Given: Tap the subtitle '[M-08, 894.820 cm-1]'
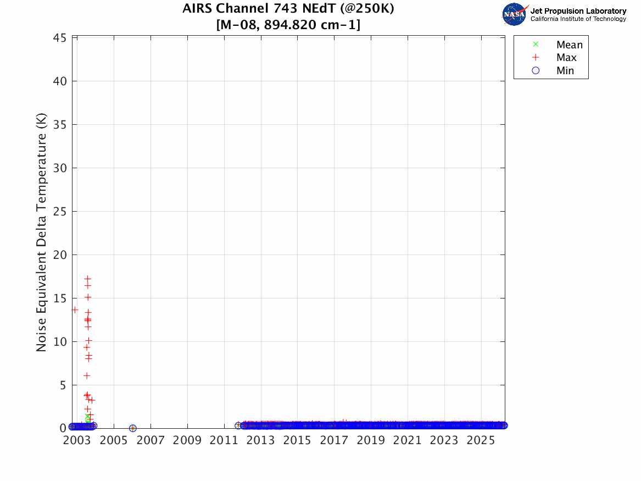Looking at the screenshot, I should (288, 25).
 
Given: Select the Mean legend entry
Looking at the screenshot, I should (569, 45).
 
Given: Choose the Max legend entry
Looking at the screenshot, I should (566, 58).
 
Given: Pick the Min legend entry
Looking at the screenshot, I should (565, 71).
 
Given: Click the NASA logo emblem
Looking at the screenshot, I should (514, 14).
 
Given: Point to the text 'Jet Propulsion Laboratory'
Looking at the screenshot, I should (578, 11).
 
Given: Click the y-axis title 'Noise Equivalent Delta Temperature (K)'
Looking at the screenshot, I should (42, 233).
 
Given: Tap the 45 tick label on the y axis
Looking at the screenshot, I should (60, 38).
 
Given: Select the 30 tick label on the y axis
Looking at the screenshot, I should (60, 168).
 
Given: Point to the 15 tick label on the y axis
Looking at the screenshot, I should (60, 298).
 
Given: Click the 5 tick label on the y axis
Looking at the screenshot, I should (64, 385).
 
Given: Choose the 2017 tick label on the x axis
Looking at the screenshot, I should (334, 440).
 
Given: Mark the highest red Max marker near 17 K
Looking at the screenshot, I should (88, 279).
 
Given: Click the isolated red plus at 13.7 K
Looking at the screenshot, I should (75, 310).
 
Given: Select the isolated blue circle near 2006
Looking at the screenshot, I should (132, 428).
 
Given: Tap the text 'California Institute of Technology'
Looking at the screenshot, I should (578, 19).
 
